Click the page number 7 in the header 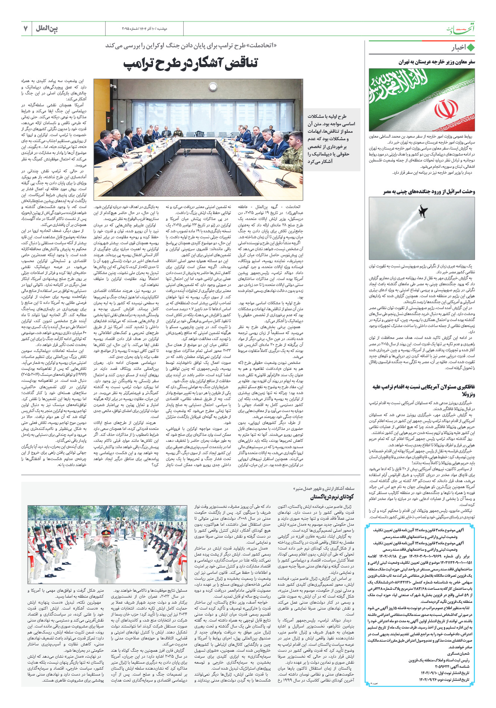(x=26, y=29)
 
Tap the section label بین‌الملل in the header (x=47, y=29)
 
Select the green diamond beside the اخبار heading (x=471, y=48)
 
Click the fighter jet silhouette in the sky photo (x=423, y=211)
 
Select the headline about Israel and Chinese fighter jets (x=429, y=192)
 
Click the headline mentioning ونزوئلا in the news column (x=424, y=390)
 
